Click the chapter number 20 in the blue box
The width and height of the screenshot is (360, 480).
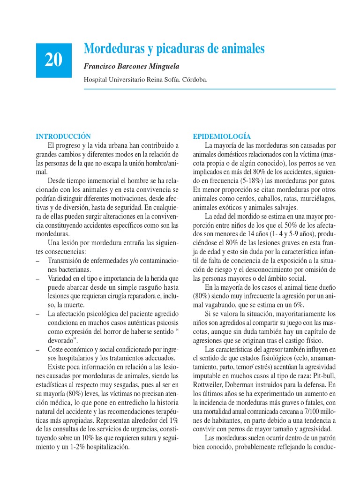54,60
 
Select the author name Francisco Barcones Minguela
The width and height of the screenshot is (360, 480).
131,67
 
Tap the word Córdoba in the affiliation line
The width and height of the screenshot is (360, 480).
194,80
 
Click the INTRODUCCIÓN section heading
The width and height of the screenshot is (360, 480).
63,136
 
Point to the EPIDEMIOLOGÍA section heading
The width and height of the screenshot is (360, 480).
222,136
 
